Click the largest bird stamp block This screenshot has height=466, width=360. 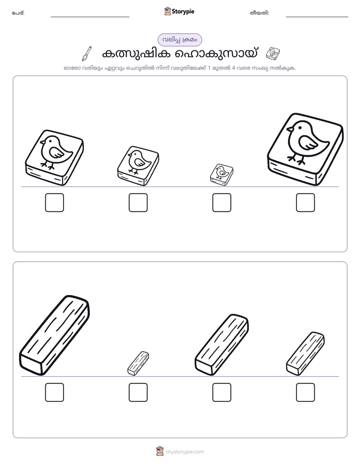[x=306, y=149]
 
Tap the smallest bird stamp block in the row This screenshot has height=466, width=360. [x=221, y=174]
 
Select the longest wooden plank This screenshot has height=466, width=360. [x=54, y=335]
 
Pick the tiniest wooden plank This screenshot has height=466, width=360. [x=138, y=363]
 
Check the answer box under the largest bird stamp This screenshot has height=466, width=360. [x=306, y=203]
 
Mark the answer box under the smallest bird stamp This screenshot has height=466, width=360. [x=221, y=203]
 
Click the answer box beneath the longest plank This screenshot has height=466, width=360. [x=54, y=392]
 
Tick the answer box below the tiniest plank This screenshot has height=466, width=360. [x=138, y=392]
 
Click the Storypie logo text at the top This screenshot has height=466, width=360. [x=183, y=12]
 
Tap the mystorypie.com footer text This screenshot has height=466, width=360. [x=185, y=452]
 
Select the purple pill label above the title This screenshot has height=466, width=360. [x=179, y=40]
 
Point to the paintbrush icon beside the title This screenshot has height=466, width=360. [x=87, y=53]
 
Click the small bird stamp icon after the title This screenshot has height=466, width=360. [x=273, y=53]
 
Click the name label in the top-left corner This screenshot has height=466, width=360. [x=18, y=13]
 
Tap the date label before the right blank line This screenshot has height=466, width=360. [x=259, y=13]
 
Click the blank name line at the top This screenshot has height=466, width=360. [x=90, y=17]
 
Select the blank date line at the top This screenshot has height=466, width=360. [x=317, y=17]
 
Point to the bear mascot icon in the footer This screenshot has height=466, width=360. [x=160, y=451]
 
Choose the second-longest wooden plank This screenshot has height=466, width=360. [x=221, y=345]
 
